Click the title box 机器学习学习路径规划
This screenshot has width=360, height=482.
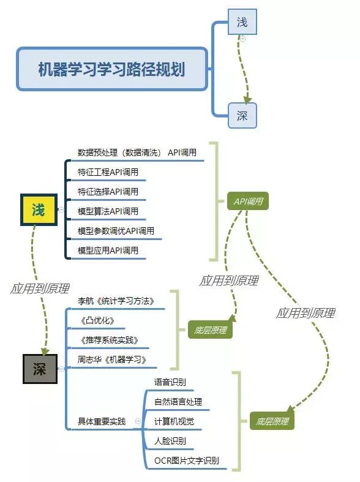pos(112,69)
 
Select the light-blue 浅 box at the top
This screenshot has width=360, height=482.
pos(242,22)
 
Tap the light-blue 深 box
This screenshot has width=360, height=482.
pos(242,116)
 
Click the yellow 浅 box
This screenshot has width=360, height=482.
pos(39,210)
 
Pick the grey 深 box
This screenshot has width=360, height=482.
pos(40,369)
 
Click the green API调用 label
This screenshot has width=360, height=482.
pos(248,201)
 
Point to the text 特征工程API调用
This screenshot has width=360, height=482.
pos(108,172)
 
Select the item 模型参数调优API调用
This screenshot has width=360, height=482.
pos(116,231)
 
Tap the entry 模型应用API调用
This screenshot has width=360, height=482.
pos(108,250)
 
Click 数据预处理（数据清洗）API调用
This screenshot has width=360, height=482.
pos(137,153)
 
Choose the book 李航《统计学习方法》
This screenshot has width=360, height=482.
pos(116,301)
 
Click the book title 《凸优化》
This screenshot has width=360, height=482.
pos(97,320)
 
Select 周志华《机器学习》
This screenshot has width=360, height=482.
pos(112,360)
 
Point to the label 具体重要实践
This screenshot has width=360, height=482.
pos(102,421)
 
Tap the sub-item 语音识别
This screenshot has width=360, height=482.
pos(170,382)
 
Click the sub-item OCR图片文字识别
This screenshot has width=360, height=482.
pos(187,461)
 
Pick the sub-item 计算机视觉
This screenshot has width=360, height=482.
pos(174,421)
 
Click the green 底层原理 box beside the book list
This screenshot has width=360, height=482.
pos(210,330)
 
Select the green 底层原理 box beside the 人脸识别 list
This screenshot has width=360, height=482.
pos(272,421)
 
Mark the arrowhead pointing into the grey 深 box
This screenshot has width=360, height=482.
pos(45,352)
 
